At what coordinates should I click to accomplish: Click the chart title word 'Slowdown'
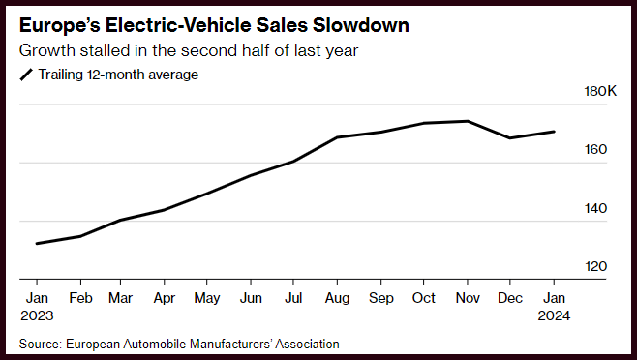coord(360,25)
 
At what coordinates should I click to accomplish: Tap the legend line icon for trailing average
coord(26,75)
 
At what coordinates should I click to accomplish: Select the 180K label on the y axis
coord(600,91)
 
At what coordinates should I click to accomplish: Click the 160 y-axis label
coord(595,150)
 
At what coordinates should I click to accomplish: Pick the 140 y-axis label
coord(595,208)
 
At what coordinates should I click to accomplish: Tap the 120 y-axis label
coord(595,266)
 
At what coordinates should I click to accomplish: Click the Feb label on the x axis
coord(80,298)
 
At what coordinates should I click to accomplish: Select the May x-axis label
coord(207,299)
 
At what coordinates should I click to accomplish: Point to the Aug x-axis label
coord(337,299)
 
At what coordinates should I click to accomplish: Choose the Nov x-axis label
coord(468,298)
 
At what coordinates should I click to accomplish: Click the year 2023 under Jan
coord(37,315)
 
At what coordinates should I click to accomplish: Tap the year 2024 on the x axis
coord(554,315)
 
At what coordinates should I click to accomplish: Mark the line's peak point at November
coord(468,121)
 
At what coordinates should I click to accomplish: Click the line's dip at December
coord(510,138)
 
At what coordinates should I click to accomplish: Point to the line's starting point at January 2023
coord(37,244)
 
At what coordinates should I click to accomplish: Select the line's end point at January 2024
coord(554,132)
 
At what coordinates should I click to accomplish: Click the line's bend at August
coord(337,137)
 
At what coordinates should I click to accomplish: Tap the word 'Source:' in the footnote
coord(41,344)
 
